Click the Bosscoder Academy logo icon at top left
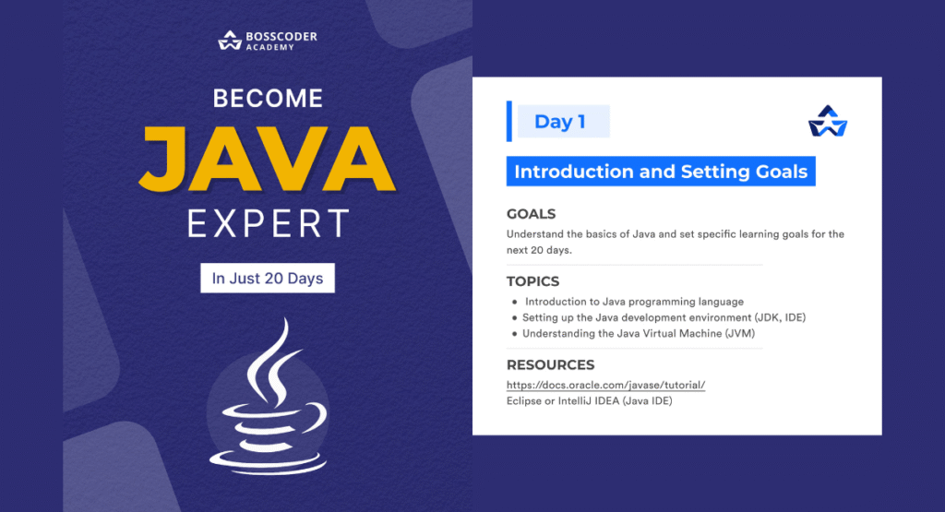[229, 40]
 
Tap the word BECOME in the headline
[268, 98]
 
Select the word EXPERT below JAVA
[268, 224]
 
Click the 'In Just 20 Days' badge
[268, 278]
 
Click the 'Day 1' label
[560, 122]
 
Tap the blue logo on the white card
[827, 122]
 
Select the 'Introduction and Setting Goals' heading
[661, 172]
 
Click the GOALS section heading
[531, 214]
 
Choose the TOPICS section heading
[532, 281]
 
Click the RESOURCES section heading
[550, 364]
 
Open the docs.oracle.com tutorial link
[605, 384]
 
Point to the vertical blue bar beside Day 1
[509, 122]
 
